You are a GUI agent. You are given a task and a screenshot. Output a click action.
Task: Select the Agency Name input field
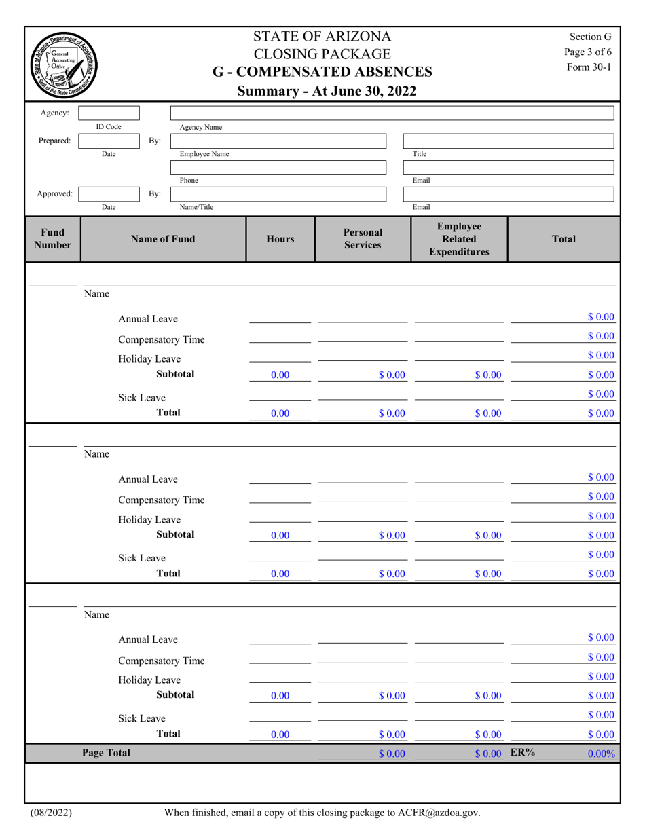[x=392, y=113]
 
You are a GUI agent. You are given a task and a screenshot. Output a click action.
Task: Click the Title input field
[x=509, y=141]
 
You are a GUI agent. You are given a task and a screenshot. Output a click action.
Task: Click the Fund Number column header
[x=52, y=239]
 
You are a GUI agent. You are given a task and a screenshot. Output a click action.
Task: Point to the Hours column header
[x=280, y=239]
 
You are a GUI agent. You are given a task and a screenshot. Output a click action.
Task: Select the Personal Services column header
[x=362, y=239]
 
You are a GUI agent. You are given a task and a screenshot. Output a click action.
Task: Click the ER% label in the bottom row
[x=523, y=752]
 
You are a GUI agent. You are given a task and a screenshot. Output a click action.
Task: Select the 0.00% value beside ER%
[x=601, y=754]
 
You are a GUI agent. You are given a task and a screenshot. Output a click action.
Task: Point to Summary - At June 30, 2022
[x=322, y=91]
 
